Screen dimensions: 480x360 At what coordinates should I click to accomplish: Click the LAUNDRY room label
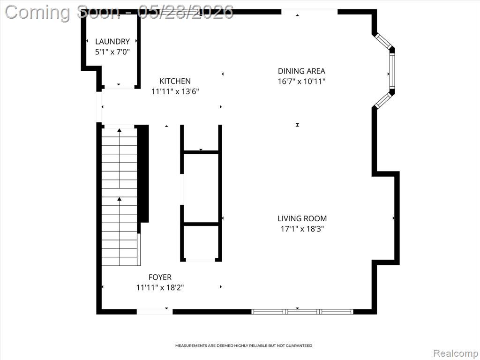(112, 41)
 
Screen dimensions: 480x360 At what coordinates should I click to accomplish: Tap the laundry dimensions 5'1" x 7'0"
(112, 52)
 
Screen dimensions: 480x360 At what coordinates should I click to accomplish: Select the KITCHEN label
(175, 81)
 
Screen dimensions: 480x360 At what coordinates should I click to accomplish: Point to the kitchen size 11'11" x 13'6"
(175, 91)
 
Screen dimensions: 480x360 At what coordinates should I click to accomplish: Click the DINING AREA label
(301, 71)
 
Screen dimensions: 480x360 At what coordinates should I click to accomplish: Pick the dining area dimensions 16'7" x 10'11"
(301, 82)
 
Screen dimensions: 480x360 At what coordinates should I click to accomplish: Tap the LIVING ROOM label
(302, 218)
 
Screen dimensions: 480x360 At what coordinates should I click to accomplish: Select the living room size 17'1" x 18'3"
(302, 229)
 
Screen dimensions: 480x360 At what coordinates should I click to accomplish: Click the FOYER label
(160, 277)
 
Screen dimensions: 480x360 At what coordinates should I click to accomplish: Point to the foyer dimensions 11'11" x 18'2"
(160, 287)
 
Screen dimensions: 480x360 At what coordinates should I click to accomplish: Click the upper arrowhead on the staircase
(120, 130)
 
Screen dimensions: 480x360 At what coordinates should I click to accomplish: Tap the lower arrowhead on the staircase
(120, 199)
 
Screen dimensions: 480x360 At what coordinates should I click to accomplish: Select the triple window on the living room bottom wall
(302, 312)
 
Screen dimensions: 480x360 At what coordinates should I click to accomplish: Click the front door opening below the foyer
(155, 312)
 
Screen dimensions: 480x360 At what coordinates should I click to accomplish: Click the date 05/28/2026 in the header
(186, 12)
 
